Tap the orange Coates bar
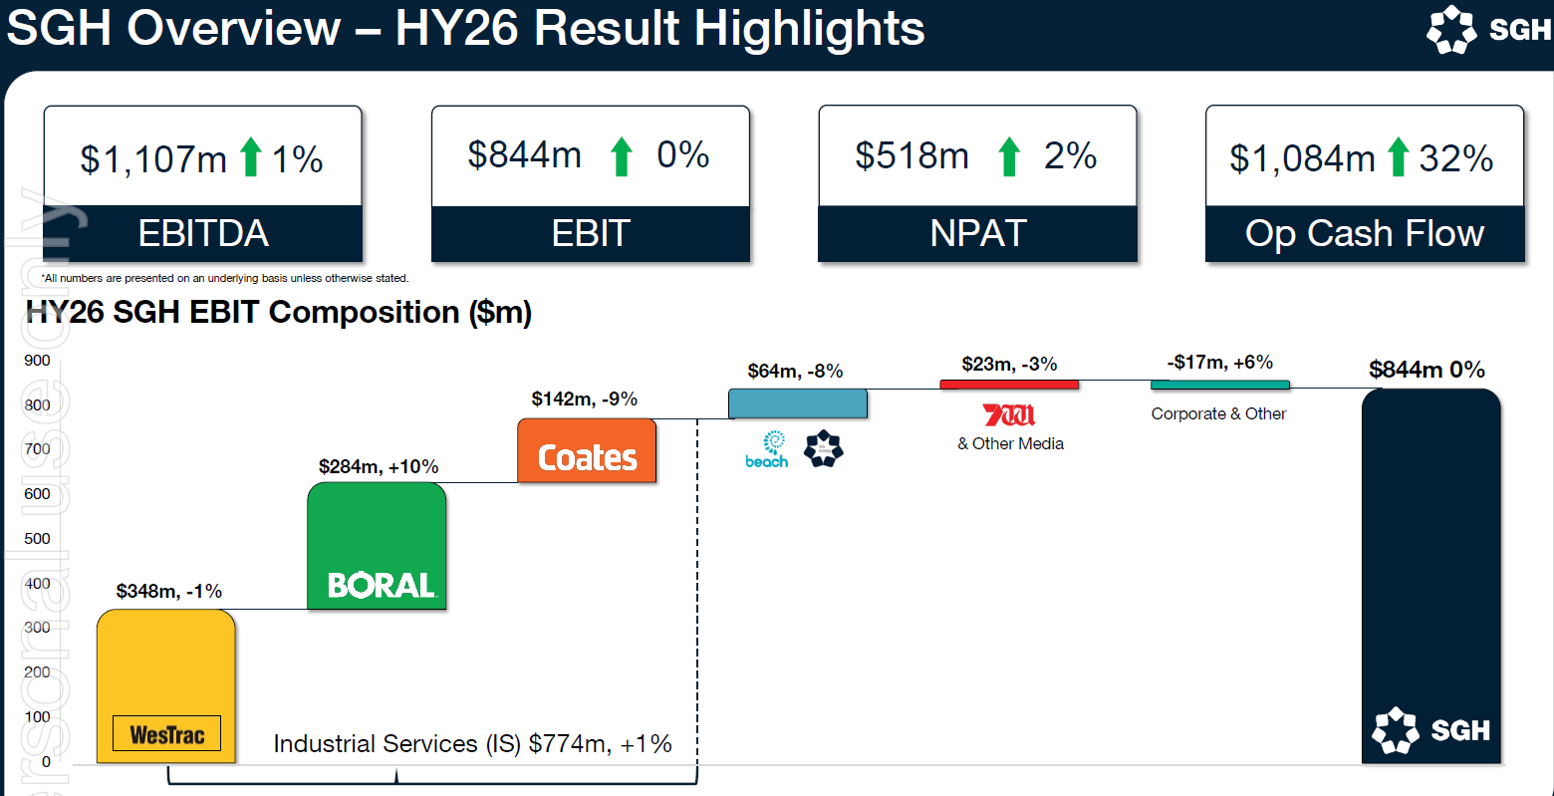pos(587,450)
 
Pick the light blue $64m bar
pos(797,403)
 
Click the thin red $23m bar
pos(1009,385)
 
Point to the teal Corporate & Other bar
pos(1219,385)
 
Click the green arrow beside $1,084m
pos(1398,157)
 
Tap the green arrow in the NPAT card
pos(1009,156)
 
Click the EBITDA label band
pos(203,234)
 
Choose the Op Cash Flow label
pos(1365,234)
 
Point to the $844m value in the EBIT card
pos(525,155)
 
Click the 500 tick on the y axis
pos(38,539)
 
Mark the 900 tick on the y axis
pos(38,361)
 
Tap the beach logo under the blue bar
pos(767,449)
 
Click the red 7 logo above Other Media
pos(1009,414)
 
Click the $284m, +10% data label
pos(379,466)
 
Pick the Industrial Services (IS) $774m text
pos(472,743)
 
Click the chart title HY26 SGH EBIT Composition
pos(279,312)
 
